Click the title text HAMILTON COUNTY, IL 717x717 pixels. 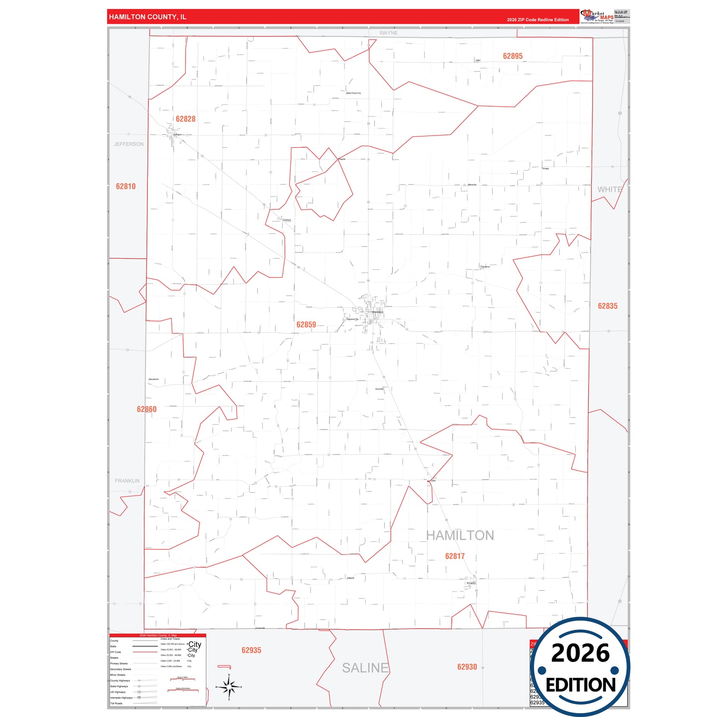coord(147,17)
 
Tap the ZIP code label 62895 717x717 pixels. coord(513,56)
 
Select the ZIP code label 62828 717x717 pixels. coord(186,119)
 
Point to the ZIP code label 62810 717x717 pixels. coord(126,187)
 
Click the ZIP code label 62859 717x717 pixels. coord(306,325)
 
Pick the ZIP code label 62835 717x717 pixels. coord(607,306)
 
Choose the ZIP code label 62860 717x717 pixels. coord(146,409)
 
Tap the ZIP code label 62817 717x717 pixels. coord(455,556)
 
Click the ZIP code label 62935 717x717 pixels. coord(251,651)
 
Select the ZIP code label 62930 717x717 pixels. coord(467,667)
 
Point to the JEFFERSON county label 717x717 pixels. coord(129,144)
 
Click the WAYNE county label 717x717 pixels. coord(389,33)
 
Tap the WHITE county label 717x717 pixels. coord(609,190)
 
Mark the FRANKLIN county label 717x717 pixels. coord(127,481)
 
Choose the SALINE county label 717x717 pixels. coord(365,668)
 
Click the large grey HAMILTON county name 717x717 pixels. coord(460,535)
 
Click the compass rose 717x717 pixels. coord(229,687)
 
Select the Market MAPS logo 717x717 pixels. coord(597,16)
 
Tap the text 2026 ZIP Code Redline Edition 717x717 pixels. coord(537,20)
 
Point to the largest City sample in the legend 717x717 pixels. coord(195,645)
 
